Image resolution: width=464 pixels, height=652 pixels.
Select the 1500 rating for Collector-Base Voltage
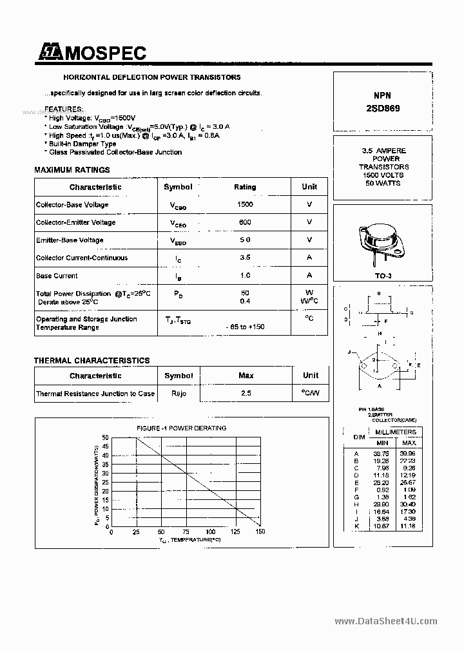tap(245, 204)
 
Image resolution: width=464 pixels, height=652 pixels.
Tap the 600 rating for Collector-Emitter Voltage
tap(245, 222)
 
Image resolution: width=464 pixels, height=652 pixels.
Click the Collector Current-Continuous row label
tap(82, 258)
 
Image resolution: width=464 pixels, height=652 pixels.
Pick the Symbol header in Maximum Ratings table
tap(178, 187)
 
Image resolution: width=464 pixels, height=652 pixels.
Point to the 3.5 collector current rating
tap(245, 258)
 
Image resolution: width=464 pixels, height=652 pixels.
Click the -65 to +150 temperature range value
tap(245, 327)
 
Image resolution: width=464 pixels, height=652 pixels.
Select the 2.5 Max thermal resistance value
tap(246, 393)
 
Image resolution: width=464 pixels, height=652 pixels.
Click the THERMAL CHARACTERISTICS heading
tap(92, 361)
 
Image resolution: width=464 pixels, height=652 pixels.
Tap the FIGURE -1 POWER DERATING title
tap(181, 428)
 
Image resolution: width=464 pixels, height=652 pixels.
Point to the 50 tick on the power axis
tap(105, 437)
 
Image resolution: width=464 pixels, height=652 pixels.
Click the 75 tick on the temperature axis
tap(186, 532)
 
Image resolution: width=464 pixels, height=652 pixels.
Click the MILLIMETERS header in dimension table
tap(396, 432)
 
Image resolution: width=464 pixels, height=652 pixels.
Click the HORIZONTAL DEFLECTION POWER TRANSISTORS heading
tap(142, 77)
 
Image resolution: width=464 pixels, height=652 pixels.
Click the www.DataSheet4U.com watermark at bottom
tap(386, 622)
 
